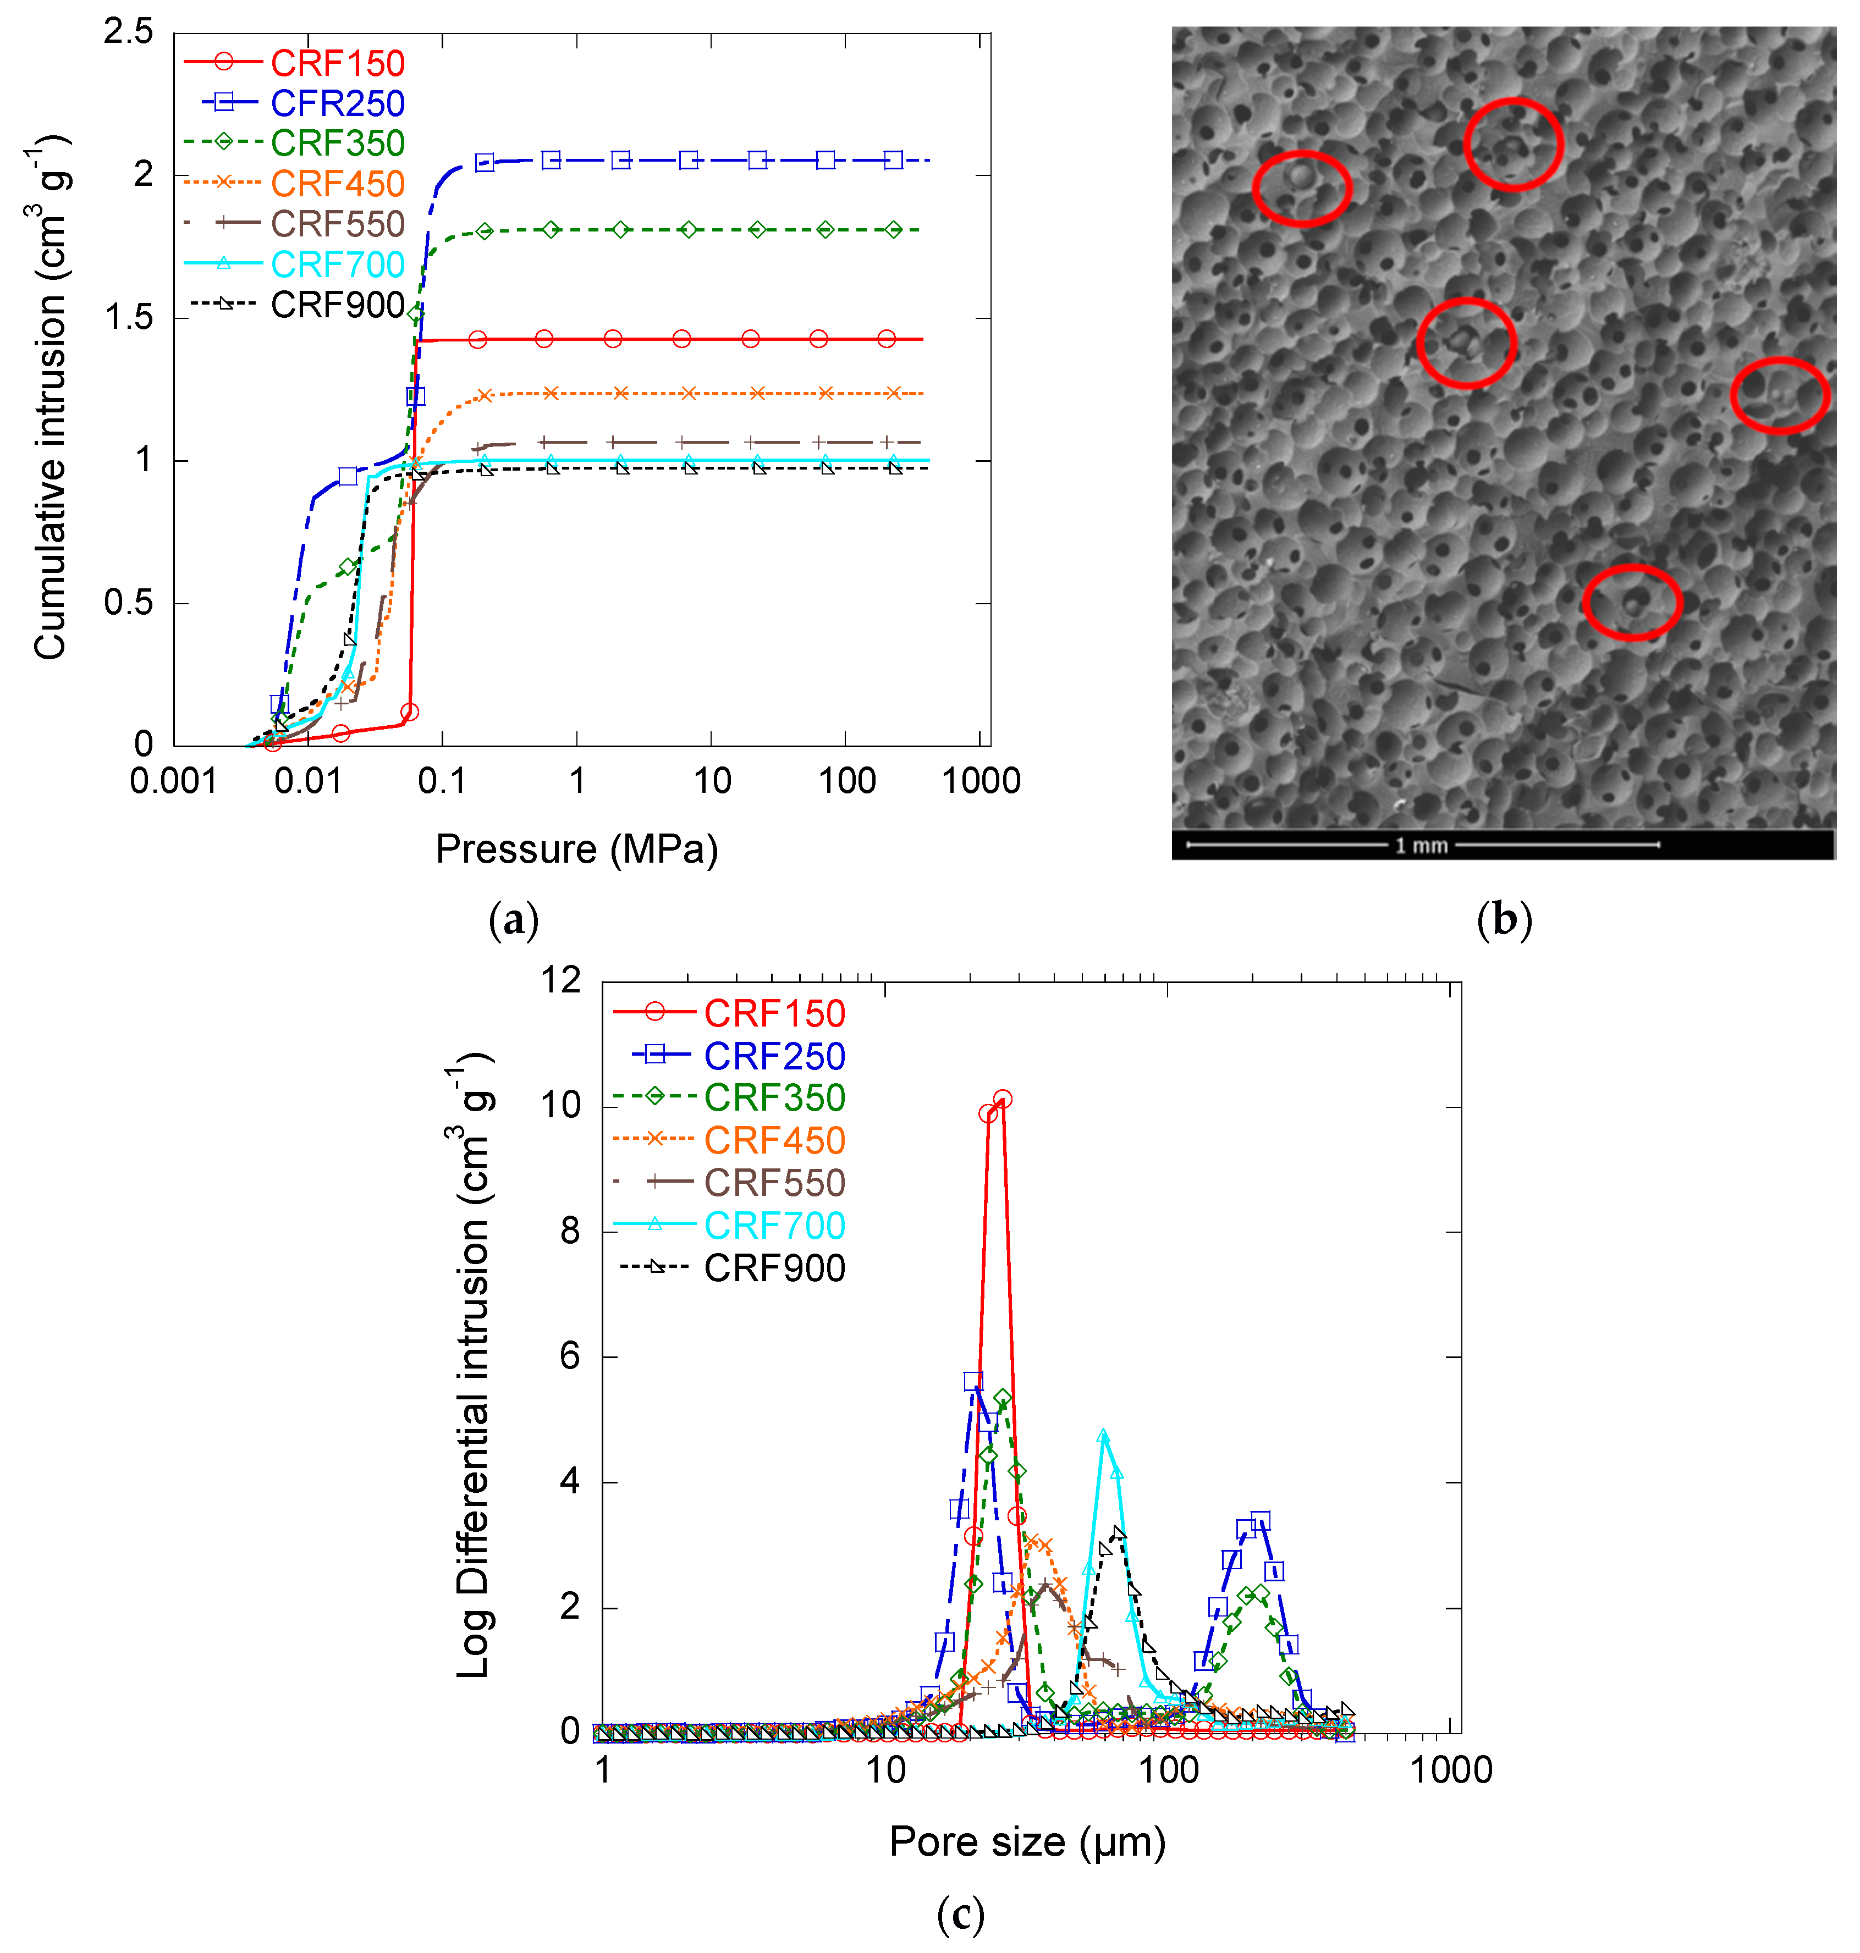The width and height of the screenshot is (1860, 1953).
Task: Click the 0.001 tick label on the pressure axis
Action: click(173, 781)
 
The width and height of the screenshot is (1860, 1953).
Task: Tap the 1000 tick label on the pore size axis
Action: click(1450, 1769)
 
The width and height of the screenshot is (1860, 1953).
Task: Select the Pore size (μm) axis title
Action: click(1027, 1842)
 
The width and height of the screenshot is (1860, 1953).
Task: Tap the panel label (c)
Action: click(960, 1915)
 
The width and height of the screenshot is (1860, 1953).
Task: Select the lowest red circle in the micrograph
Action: click(1631, 602)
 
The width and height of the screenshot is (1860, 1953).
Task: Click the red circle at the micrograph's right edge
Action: click(1780, 395)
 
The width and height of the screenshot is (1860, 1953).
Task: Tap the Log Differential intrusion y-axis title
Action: click(474, 1368)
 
